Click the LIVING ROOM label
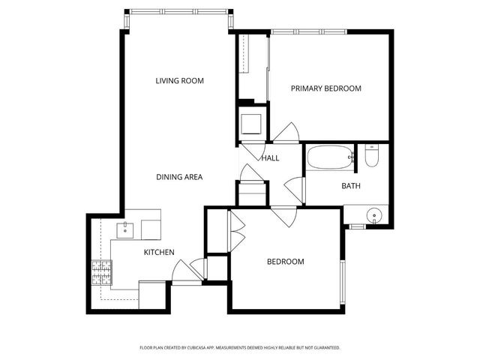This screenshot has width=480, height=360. point(180,81)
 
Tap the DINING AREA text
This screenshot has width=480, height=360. point(179,177)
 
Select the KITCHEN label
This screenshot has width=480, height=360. point(159,253)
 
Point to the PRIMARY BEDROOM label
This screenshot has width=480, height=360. point(326,88)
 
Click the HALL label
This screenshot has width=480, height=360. point(270,158)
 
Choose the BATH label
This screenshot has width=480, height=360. point(351,186)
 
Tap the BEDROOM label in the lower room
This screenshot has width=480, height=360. point(286,262)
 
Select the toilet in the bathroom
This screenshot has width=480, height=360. point(371,157)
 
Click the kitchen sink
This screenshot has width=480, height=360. point(125,228)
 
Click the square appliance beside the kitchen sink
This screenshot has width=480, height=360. point(151,228)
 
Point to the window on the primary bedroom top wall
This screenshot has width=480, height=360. point(308,31)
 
